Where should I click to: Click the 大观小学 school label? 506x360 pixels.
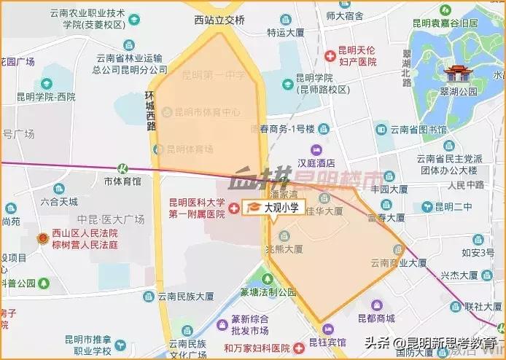pyautogui.click(x=281, y=208)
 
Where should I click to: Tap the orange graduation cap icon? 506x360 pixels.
pyautogui.click(x=254, y=208)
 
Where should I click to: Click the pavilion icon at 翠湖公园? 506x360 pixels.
pyautogui.click(x=459, y=74)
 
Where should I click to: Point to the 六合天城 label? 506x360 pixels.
pyautogui.click(x=59, y=201)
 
